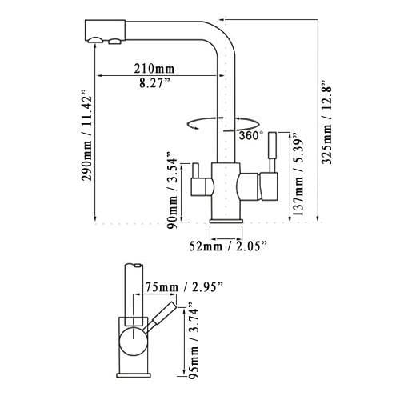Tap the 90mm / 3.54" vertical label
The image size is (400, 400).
click(x=172, y=190)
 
